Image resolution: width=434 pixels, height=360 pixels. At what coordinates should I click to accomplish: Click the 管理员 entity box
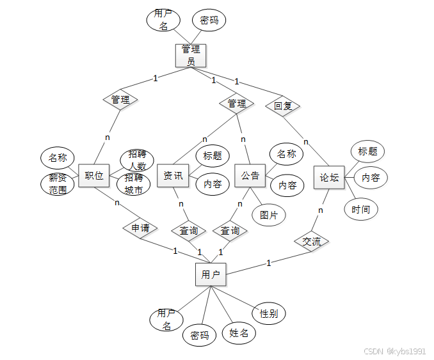pos(191,55)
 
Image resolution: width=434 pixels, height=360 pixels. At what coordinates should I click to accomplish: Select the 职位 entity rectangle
pos(93,176)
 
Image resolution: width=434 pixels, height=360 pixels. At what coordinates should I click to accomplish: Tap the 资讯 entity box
pos(173,175)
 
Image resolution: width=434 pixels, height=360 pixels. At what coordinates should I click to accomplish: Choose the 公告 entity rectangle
pos(250,175)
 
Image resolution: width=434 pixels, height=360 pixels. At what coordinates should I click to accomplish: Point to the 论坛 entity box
pos(329,177)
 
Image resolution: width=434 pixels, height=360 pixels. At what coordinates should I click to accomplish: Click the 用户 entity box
pos(211,274)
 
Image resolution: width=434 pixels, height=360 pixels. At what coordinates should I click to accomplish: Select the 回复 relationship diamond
pos(283,106)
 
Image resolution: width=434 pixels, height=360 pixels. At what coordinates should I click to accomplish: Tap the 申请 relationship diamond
pos(140,228)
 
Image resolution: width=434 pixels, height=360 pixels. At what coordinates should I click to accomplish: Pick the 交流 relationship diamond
pos(312,241)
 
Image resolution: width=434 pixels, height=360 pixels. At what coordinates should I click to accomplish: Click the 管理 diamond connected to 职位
pos(120,100)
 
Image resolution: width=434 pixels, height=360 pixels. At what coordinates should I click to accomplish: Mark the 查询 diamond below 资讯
pos(188,230)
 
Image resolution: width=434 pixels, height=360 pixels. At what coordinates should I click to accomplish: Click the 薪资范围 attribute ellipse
pos(58,184)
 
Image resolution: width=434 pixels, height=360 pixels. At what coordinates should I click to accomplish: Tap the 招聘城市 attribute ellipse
pos(134,184)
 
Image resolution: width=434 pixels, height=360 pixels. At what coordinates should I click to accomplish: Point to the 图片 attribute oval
pos(269,215)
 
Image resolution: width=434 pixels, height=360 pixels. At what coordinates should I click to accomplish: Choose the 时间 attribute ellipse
pos(360,209)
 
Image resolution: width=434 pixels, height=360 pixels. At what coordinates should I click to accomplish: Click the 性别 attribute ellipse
pos(269,313)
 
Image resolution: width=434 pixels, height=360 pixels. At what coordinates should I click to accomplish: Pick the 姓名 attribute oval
pos(239,333)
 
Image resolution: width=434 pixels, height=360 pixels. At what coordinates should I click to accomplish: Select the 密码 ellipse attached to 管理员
pos(209,20)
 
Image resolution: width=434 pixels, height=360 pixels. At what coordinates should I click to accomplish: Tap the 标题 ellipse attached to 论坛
pos(367,152)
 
